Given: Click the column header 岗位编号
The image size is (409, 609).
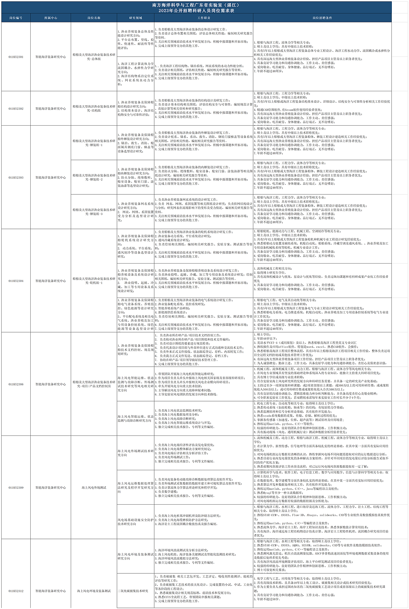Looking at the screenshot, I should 16,18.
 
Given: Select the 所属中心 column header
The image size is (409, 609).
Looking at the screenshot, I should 51,18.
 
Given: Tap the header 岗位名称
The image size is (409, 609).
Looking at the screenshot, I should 94,18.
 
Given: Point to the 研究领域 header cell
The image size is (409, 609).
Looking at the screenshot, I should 135,18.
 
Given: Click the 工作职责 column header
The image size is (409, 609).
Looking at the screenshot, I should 204,18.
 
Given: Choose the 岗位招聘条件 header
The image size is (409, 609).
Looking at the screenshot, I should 322,18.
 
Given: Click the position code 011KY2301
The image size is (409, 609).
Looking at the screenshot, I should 16,57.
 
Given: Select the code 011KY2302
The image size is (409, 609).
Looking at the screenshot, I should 16,108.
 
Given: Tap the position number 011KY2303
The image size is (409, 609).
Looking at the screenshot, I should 16,178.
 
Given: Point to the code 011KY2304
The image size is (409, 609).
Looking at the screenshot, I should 16,281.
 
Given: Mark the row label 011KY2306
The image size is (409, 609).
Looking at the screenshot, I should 16,384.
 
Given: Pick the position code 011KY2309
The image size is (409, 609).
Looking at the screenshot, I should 16,487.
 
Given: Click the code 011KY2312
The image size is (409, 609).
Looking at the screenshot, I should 16,591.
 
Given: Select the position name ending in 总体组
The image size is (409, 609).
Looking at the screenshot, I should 94,57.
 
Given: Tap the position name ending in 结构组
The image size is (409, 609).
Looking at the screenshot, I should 94,108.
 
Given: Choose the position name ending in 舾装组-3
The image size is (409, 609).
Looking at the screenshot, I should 94,212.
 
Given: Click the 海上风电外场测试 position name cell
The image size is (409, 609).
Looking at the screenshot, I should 94,487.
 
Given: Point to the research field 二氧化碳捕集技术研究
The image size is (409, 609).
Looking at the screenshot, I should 133,591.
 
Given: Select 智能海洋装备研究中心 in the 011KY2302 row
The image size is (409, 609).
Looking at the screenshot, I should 51,108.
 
